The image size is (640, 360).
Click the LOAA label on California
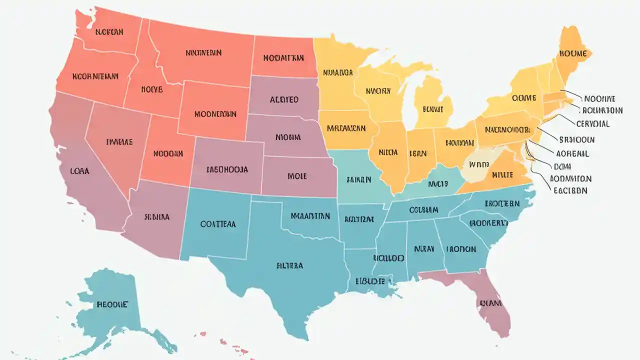79,170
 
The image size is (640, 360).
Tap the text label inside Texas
289,266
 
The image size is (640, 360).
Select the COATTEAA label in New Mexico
218,224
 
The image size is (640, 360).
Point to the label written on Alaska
112,304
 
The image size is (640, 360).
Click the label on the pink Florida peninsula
491,303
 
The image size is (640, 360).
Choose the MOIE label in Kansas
297,176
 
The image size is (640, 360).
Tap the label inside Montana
203,52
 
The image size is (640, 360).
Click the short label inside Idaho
151,89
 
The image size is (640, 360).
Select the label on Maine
573,53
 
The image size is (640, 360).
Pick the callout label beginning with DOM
562,166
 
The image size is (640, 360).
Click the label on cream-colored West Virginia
478,163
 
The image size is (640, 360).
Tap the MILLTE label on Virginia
502,175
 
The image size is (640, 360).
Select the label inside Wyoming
215,114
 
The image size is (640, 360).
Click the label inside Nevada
120,142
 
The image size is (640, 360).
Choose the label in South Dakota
284,99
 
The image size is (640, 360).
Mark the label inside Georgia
460,248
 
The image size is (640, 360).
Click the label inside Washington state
109,32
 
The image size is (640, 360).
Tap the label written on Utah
168,154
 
